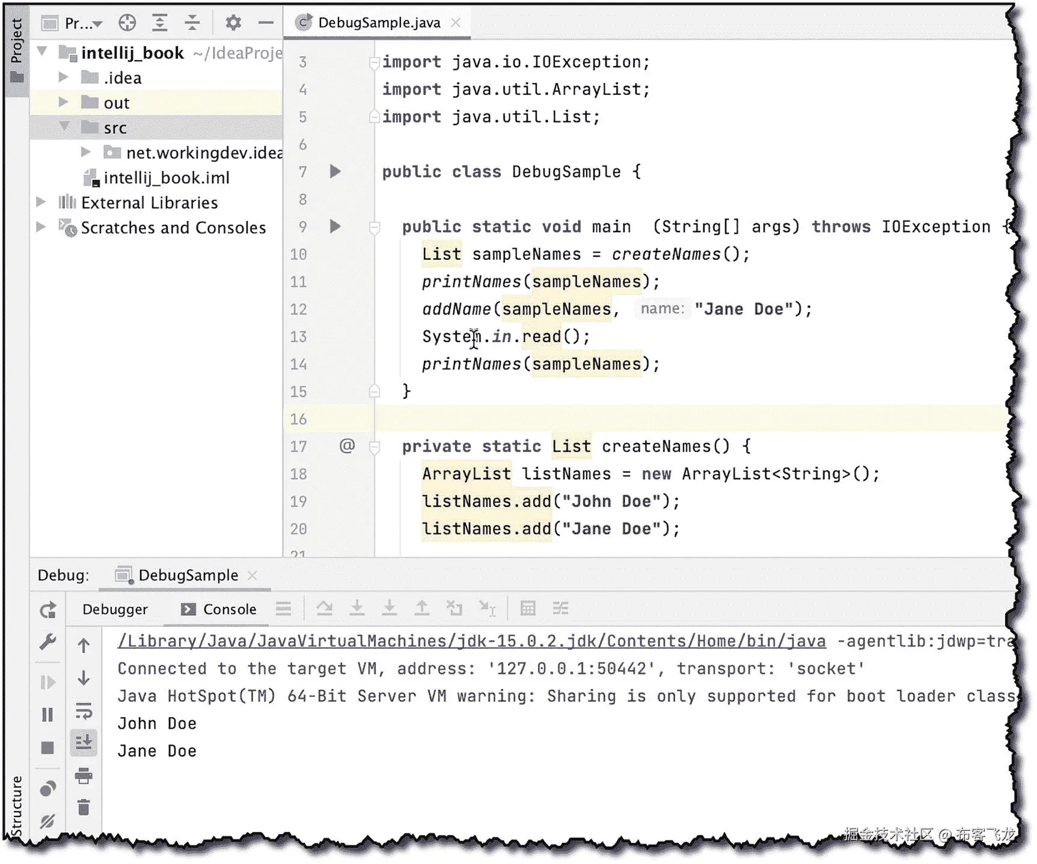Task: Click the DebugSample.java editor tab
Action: tap(378, 23)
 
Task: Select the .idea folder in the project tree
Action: tap(122, 78)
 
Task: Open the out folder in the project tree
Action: tap(116, 103)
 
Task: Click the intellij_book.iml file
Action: tap(166, 178)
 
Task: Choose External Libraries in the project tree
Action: tap(149, 203)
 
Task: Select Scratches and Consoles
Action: tap(173, 228)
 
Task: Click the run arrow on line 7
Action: tap(335, 171)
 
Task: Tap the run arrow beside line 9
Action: tap(335, 227)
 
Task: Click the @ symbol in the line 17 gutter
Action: tap(347, 446)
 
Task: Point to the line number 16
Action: tap(298, 419)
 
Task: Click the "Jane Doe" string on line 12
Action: tap(744, 309)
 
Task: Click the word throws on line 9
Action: tap(840, 227)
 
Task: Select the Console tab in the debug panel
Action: tap(228, 609)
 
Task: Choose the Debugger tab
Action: tap(115, 609)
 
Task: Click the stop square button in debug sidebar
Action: tap(47, 747)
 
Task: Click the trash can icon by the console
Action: tap(84, 807)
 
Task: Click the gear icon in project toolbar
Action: tap(233, 23)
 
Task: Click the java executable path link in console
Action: tap(471, 641)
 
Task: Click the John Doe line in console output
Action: tap(157, 723)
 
